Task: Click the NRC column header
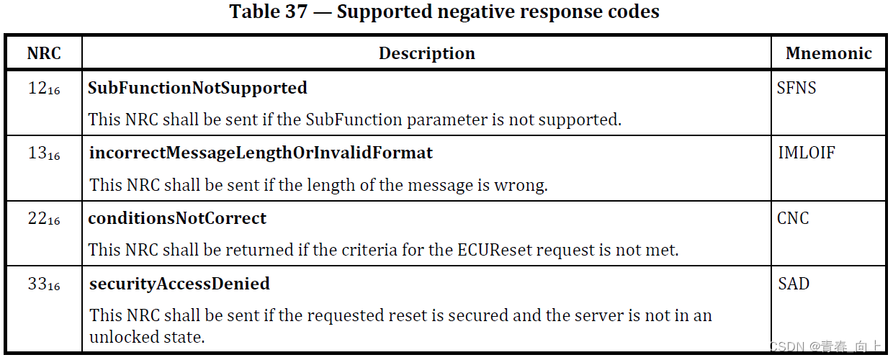point(44,53)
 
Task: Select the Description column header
point(427,53)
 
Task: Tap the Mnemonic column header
point(829,53)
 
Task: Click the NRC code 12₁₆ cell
point(44,89)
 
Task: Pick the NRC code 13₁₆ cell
point(44,153)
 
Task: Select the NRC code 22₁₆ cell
point(44,218)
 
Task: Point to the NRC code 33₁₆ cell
point(44,284)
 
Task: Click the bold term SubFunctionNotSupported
point(198,88)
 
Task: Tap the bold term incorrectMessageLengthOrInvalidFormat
point(261,153)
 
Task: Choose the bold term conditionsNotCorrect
point(177,218)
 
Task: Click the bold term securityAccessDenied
point(179,284)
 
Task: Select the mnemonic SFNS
point(797,88)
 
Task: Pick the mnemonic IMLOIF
point(807,153)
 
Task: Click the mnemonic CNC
point(793,218)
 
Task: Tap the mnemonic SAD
point(794,284)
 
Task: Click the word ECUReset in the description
point(490,251)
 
